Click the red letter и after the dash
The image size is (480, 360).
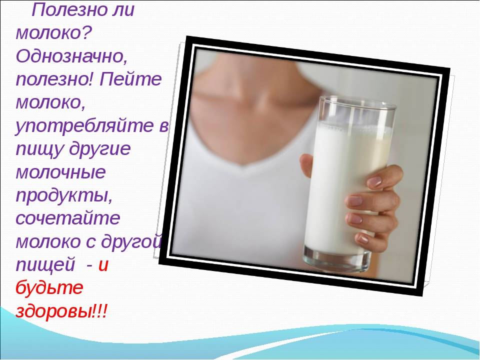103,265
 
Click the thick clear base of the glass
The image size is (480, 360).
336,259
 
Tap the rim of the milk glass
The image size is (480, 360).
357,102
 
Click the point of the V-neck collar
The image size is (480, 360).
243,165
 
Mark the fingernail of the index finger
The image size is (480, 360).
374,181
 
